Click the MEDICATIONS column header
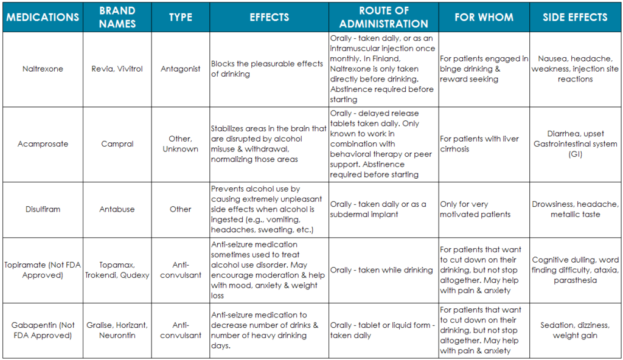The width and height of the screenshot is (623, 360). tap(43, 17)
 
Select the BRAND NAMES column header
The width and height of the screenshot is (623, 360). tap(118, 17)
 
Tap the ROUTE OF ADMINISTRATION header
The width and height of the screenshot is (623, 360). tap(383, 17)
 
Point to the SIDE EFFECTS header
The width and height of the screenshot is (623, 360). tap(575, 17)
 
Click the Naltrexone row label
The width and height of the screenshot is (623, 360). tap(43, 69)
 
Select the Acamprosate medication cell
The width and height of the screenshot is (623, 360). tap(43, 144)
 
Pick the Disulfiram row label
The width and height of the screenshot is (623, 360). tap(43, 209)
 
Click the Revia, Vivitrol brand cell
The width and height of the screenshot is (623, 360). tap(118, 69)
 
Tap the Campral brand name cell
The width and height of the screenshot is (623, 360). tap(118, 144)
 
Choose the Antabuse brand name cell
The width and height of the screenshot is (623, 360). tap(118, 209)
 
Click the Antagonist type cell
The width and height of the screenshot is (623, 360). tap(180, 69)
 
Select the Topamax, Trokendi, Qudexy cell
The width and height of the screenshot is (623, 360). tap(118, 270)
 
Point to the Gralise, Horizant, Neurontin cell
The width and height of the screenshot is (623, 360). tap(118, 330)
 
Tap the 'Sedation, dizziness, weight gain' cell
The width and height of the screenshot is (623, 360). tap(575, 330)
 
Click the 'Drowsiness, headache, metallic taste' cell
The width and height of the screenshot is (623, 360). tap(575, 209)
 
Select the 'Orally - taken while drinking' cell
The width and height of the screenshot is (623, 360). tap(381, 270)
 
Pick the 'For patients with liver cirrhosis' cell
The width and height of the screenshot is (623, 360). tap(479, 144)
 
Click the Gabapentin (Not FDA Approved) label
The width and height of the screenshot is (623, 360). tap(43, 330)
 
